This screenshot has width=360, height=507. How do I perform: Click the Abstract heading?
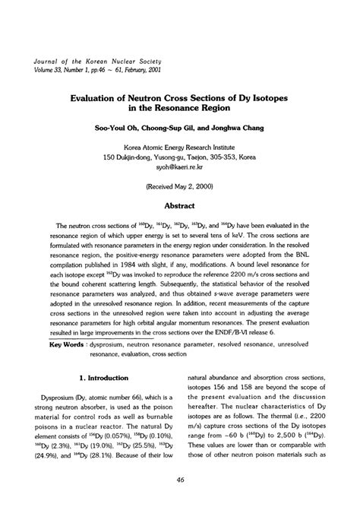pyautogui.click(x=180, y=205)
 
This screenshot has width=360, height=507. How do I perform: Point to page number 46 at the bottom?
pyautogui.click(x=180, y=480)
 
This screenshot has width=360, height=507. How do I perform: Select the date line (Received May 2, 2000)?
pyautogui.click(x=180, y=185)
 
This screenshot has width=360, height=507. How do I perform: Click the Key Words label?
pyautogui.click(x=67, y=344)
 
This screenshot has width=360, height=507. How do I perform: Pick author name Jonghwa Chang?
pyautogui.click(x=238, y=128)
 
